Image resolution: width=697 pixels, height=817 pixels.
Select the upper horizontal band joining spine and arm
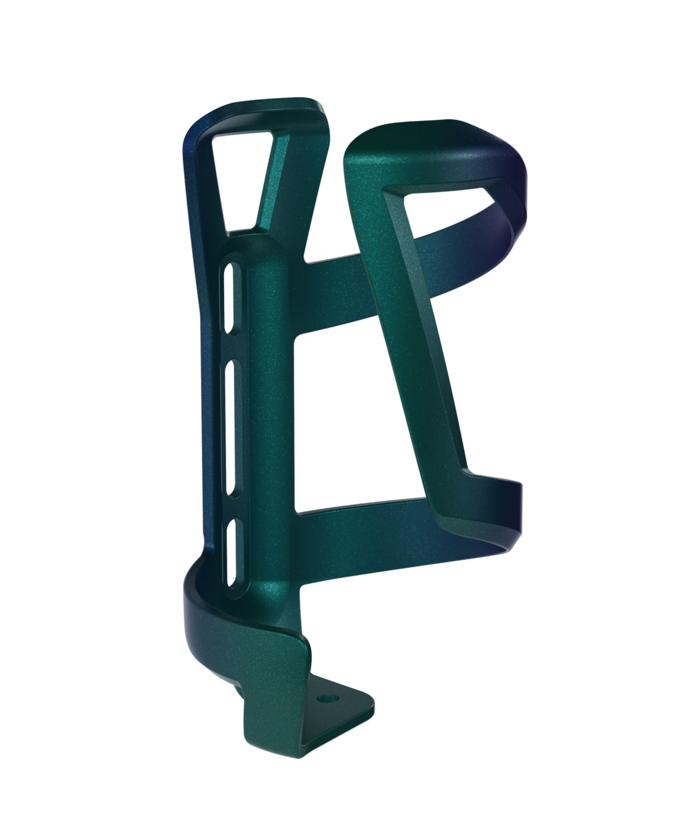[x=333, y=289]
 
